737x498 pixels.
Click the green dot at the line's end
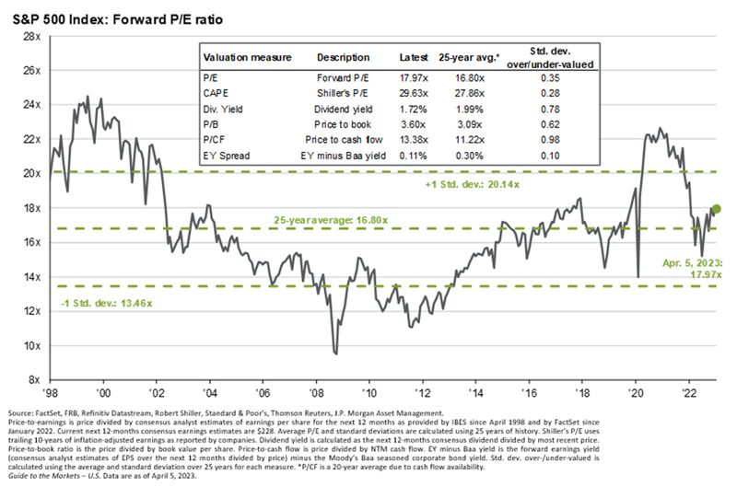(717, 208)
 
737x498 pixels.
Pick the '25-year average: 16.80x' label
(329, 221)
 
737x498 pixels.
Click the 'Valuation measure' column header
(248, 57)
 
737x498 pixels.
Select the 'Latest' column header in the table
(415, 57)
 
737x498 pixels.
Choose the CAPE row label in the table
(217, 92)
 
